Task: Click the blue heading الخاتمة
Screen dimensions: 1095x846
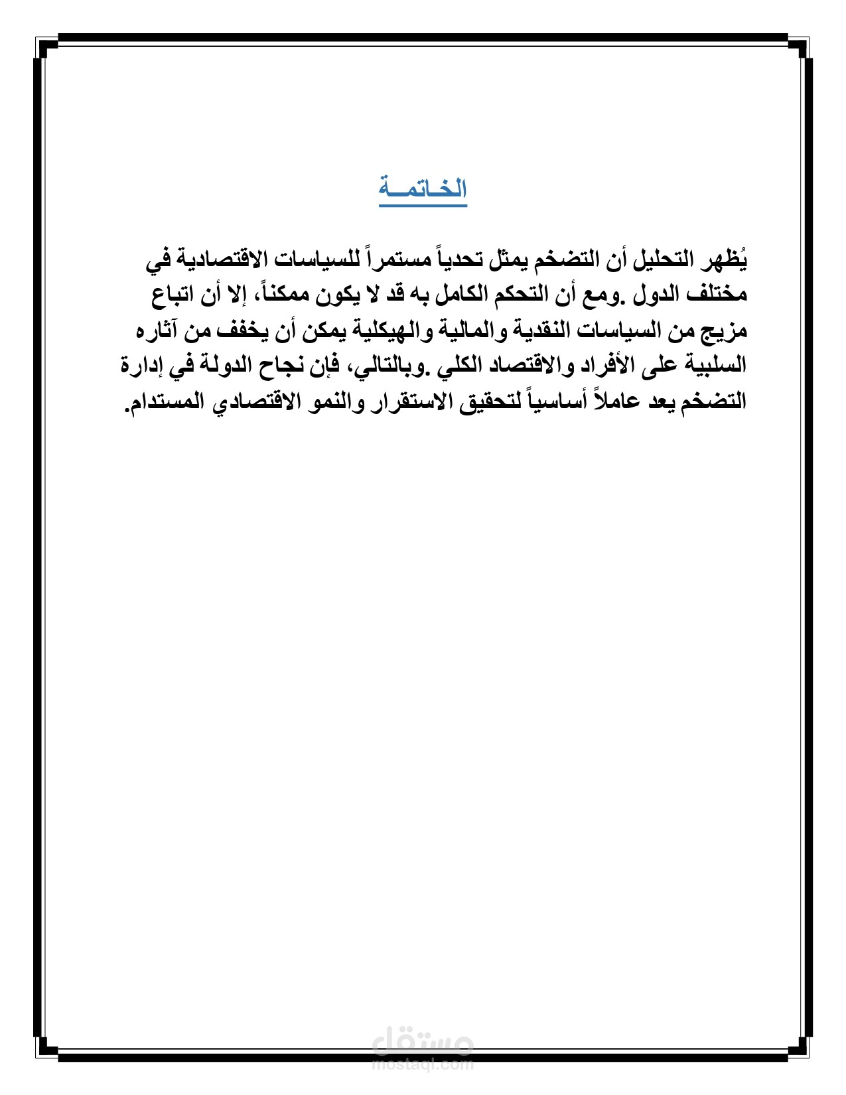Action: pyautogui.click(x=423, y=190)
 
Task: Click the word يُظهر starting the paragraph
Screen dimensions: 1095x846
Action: pyautogui.click(x=729, y=259)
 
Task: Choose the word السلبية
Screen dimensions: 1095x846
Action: pyautogui.click(x=717, y=366)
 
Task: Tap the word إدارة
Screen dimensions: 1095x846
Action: pyautogui.click(x=143, y=366)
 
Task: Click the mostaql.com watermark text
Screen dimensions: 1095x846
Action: pyautogui.click(x=423, y=1065)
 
